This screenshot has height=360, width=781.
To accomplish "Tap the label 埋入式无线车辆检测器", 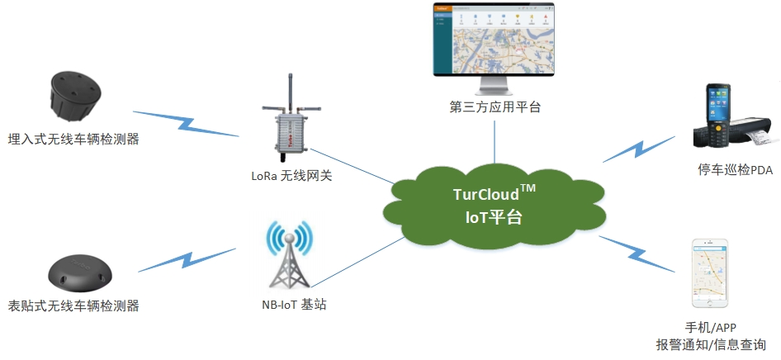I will tap(73, 139).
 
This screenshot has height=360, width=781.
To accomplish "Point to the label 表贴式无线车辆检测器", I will tap(73, 306).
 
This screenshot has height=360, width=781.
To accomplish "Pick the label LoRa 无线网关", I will tap(291, 175).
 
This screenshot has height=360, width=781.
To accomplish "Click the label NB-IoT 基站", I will tap(288, 305).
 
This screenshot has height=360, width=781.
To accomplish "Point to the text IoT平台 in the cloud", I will tap(495, 218).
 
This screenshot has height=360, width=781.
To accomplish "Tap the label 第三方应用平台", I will tap(495, 107).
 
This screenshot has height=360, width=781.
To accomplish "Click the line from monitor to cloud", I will tap(495, 140).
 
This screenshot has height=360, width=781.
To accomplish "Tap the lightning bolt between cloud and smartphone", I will tap(637, 252).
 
